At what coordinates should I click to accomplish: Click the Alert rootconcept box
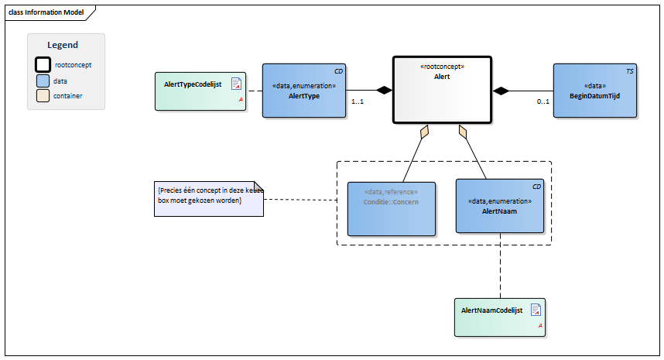pos(442,89)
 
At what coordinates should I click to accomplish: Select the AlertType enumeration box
pos(303,91)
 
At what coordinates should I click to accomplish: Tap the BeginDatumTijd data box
pos(594,91)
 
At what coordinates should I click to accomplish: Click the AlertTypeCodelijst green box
pos(200,91)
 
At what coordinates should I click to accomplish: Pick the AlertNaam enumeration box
pos(499,205)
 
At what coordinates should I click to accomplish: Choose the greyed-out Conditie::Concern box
pos(391,208)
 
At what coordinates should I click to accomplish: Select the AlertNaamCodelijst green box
pos(499,317)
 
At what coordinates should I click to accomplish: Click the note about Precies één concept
pos(208,196)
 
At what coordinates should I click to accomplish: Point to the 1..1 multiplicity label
pos(358,102)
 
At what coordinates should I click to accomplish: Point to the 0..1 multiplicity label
pos(543,102)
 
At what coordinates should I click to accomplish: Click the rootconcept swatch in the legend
pos(43,65)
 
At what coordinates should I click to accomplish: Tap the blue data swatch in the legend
pos(43,81)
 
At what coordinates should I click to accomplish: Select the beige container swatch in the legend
pos(43,96)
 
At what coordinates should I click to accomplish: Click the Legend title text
pos(63,46)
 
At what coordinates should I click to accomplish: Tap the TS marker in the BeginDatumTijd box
pos(629,71)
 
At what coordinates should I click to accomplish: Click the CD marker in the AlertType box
pos(338,71)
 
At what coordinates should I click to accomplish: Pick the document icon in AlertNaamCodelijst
pos(536,310)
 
